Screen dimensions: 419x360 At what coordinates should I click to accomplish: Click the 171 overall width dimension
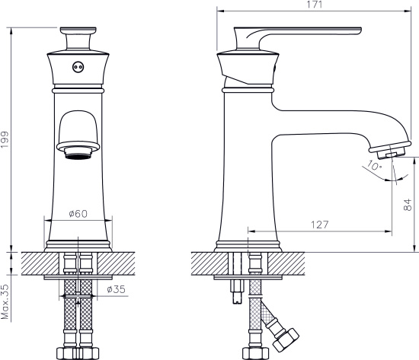(x=314, y=5)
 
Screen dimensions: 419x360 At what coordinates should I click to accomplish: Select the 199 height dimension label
(x=5, y=140)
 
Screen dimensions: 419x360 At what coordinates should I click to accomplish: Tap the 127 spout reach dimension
(x=320, y=225)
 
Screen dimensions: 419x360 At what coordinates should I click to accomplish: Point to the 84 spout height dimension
(x=408, y=205)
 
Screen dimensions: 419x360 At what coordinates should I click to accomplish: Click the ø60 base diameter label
(x=78, y=214)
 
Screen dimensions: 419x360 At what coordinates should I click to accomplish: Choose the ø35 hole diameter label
(x=116, y=289)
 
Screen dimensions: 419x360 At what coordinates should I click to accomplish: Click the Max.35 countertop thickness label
(x=5, y=302)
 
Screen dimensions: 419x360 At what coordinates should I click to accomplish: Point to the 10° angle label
(x=373, y=166)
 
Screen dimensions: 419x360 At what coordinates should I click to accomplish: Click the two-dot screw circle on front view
(x=78, y=67)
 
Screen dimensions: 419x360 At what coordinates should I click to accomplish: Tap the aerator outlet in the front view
(x=78, y=152)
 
